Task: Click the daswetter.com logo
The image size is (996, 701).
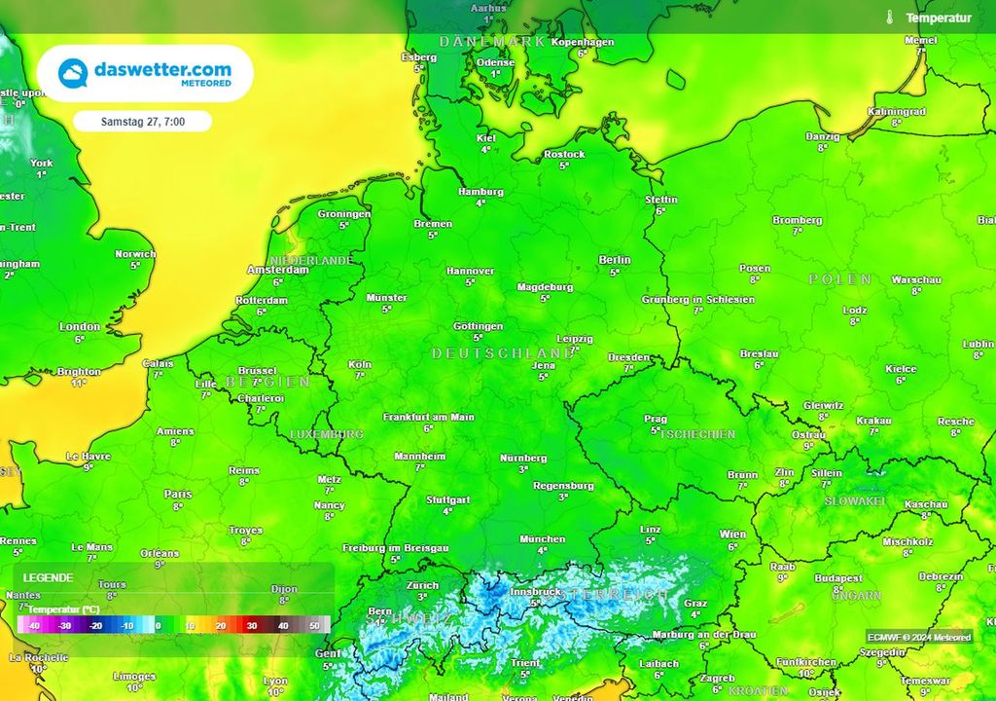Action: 146,73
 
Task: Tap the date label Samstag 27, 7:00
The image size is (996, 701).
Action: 142,122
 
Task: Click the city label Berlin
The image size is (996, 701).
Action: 615,260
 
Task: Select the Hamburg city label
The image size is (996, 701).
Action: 480,192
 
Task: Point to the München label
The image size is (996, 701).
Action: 542,538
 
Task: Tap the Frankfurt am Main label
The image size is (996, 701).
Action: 428,417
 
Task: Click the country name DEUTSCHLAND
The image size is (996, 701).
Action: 503,352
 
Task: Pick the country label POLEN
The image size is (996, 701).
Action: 840,279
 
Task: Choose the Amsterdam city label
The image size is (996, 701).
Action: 277,270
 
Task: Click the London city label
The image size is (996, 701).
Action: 80,327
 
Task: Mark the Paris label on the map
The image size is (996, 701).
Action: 178,494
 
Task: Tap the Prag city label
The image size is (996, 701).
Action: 656,420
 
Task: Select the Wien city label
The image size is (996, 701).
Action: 732,535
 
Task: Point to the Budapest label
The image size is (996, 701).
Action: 838,577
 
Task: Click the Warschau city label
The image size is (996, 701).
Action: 916,279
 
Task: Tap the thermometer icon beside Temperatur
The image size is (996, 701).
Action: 889,18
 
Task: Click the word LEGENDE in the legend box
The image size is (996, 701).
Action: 49,577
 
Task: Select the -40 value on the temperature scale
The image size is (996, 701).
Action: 35,625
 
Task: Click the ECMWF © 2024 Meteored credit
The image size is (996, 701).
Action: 919,637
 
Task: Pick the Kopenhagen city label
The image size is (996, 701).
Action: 583,42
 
